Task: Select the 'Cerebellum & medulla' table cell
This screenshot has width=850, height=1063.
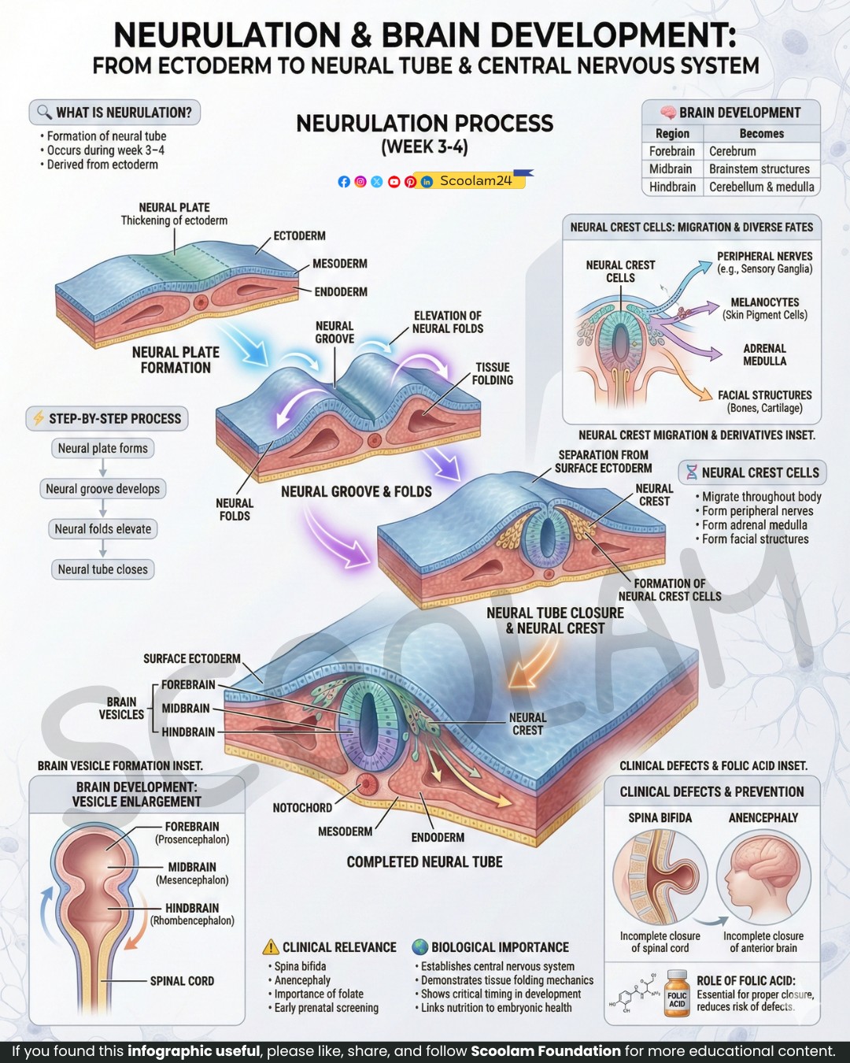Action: pyautogui.click(x=762, y=187)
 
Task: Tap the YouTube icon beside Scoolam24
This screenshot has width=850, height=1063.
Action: pyautogui.click(x=394, y=182)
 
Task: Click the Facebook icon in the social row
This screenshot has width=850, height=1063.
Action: pyautogui.click(x=344, y=182)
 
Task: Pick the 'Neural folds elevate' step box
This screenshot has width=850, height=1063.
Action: pyautogui.click(x=103, y=529)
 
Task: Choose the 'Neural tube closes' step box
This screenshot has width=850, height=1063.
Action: pyautogui.click(x=103, y=569)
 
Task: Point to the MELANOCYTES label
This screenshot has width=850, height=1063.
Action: pyautogui.click(x=764, y=302)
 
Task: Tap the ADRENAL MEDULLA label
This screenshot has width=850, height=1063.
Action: pyautogui.click(x=764, y=354)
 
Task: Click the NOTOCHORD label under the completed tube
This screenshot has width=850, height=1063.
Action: pyautogui.click(x=302, y=808)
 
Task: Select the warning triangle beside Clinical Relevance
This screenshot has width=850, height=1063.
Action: pyautogui.click(x=271, y=947)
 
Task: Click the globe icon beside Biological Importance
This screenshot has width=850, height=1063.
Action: pyautogui.click(x=419, y=947)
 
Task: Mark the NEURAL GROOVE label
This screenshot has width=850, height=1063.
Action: pyautogui.click(x=334, y=332)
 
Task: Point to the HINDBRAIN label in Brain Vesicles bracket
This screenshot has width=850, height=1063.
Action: pyautogui.click(x=188, y=732)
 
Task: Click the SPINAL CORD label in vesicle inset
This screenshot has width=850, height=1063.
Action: pyautogui.click(x=183, y=981)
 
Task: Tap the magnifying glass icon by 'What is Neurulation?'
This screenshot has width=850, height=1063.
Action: pyautogui.click(x=44, y=113)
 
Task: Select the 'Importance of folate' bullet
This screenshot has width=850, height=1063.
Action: pyautogui.click(x=319, y=994)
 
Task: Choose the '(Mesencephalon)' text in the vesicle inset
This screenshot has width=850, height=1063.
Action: pyautogui.click(x=192, y=880)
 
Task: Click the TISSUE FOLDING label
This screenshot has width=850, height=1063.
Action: pyautogui.click(x=493, y=374)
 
